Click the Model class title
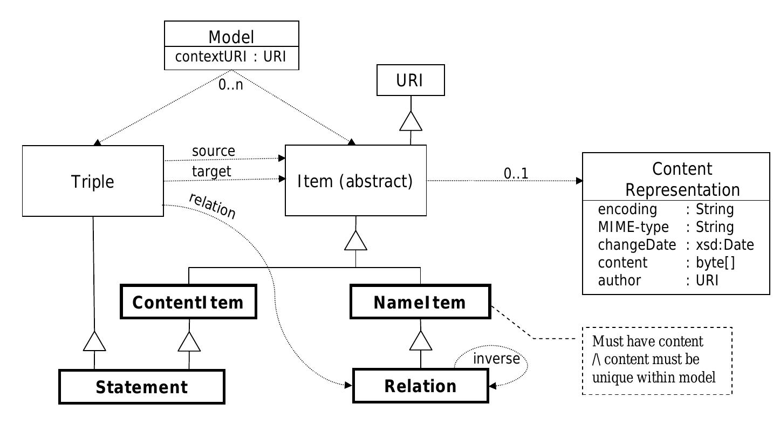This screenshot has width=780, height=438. [x=231, y=37]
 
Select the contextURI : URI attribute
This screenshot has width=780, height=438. [x=231, y=57]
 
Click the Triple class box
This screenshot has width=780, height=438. [x=93, y=181]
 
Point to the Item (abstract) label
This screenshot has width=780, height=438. [x=355, y=181]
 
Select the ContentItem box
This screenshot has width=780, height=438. [x=188, y=303]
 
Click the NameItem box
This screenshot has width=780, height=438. [x=420, y=303]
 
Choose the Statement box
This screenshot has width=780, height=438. [x=141, y=387]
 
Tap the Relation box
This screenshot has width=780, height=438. [x=420, y=386]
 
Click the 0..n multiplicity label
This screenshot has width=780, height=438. [x=231, y=85]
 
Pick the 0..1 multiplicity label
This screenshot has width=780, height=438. [x=516, y=173]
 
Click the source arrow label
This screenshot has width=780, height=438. [x=214, y=152]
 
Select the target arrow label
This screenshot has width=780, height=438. [x=211, y=171]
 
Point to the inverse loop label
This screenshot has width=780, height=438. [x=496, y=358]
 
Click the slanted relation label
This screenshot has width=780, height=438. [x=213, y=206]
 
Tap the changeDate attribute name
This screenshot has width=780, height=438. [x=637, y=245]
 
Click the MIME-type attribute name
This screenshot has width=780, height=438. [x=633, y=227]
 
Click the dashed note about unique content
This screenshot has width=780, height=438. [x=657, y=360]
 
